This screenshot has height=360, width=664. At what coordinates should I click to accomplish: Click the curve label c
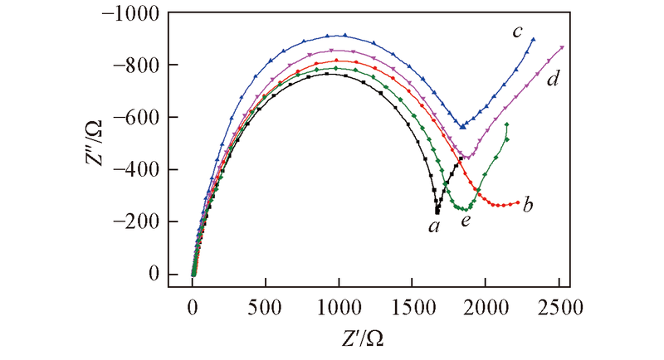pyautogui.click(x=516, y=32)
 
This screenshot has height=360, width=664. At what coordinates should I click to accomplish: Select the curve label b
pyautogui.click(x=528, y=205)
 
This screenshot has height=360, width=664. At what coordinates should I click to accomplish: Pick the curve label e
pyautogui.click(x=466, y=221)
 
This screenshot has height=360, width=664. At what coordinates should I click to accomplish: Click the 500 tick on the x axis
pyautogui.click(x=266, y=306)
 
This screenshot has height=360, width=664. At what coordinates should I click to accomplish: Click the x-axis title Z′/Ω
pyautogui.click(x=359, y=338)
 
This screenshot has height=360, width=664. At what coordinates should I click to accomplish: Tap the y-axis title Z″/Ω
pyautogui.click(x=94, y=143)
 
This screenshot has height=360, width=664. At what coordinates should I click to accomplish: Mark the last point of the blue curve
pyautogui.click(x=533, y=39)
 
